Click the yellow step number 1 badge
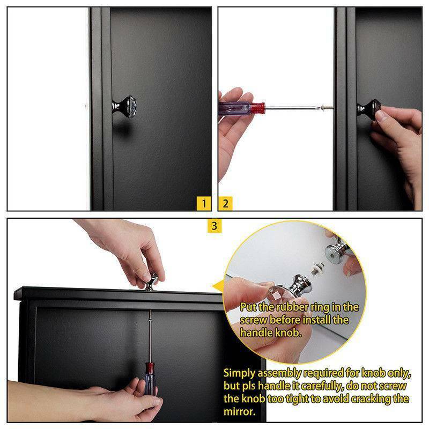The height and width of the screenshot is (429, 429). [x=204, y=204]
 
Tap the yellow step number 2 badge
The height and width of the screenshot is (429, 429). [x=225, y=204]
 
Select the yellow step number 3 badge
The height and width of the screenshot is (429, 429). [x=214, y=226]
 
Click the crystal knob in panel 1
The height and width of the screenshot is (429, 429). [x=125, y=106]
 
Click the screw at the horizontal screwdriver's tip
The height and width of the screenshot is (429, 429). [x=328, y=107]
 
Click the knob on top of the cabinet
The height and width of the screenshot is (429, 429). [x=151, y=282]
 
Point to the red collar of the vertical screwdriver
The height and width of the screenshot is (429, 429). [x=150, y=368]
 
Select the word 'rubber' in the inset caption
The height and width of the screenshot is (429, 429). [x=292, y=307]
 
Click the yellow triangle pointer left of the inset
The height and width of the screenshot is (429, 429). [x=218, y=286]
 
